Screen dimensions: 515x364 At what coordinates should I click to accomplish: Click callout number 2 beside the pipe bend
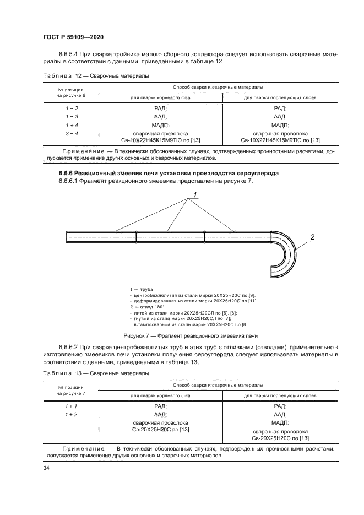(312, 237)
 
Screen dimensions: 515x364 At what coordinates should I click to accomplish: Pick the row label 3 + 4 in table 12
(71, 133)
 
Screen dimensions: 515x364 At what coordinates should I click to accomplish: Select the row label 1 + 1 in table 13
(71, 405)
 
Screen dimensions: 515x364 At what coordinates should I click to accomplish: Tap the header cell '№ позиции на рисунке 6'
(71, 92)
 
